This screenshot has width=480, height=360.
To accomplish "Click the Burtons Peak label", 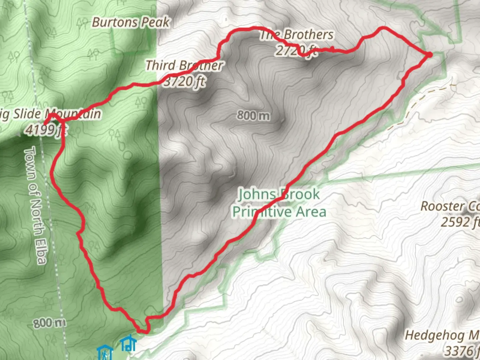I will pos(131,23).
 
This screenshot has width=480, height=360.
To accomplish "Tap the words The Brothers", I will pos(297,35).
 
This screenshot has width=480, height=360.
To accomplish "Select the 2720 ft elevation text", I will pos(296,50).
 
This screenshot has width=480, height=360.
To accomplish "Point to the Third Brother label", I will pos(184,65).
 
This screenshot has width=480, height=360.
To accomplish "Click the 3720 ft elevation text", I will pos(184,81).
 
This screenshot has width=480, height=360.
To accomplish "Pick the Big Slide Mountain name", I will pos(50,114).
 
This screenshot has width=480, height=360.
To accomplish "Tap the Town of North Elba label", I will pos(35,205).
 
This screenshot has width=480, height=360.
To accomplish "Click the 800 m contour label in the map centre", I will pos(253,116).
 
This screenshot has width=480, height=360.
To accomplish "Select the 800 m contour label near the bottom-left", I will pos(49,323).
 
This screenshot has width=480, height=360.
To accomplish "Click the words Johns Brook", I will pos(279,194).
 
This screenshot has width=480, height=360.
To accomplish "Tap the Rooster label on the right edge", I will pos(450,207).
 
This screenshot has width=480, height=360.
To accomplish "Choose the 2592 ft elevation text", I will pos(460,222).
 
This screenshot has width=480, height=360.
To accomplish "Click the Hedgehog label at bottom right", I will pos(442,335).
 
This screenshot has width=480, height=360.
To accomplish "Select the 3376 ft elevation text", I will pos(462,351).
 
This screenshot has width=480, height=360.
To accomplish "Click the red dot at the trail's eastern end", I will pos(429,55).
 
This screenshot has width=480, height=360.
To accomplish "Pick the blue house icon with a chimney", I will pos(128,344).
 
